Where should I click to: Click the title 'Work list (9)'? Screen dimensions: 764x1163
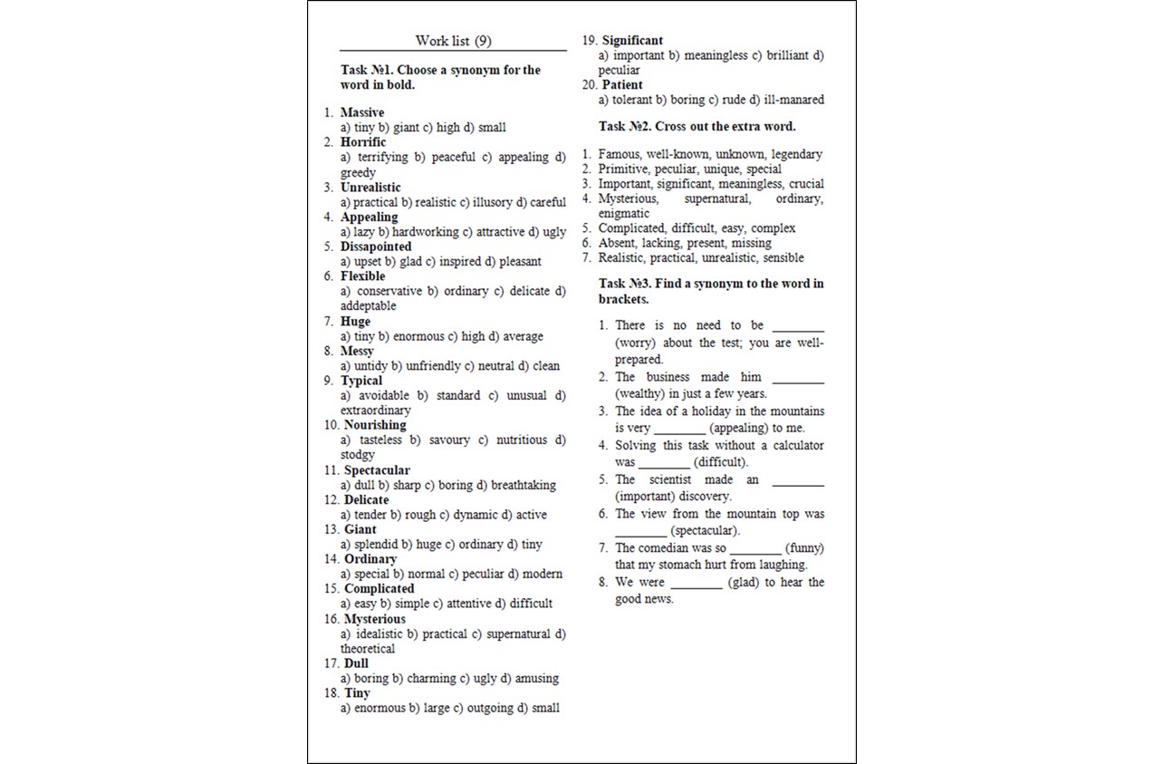tap(453, 41)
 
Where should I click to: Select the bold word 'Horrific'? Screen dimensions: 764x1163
tap(363, 142)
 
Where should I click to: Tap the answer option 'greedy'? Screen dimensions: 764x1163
tap(358, 172)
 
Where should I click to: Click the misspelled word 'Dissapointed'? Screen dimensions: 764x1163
tap(376, 247)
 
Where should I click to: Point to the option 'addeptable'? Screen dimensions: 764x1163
tap(369, 305)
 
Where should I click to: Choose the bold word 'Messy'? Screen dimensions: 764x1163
tap(357, 351)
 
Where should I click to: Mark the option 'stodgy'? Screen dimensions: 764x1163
tap(358, 454)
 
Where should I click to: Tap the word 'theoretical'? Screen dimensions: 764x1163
tap(368, 648)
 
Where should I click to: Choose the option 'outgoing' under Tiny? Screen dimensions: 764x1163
tap(490, 708)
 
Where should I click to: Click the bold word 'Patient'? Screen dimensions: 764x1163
tap(622, 85)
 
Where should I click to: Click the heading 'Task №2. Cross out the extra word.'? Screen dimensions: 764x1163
tap(697, 126)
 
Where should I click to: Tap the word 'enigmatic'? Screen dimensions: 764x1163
tap(624, 213)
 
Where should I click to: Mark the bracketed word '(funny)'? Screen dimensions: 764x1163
tap(804, 547)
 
